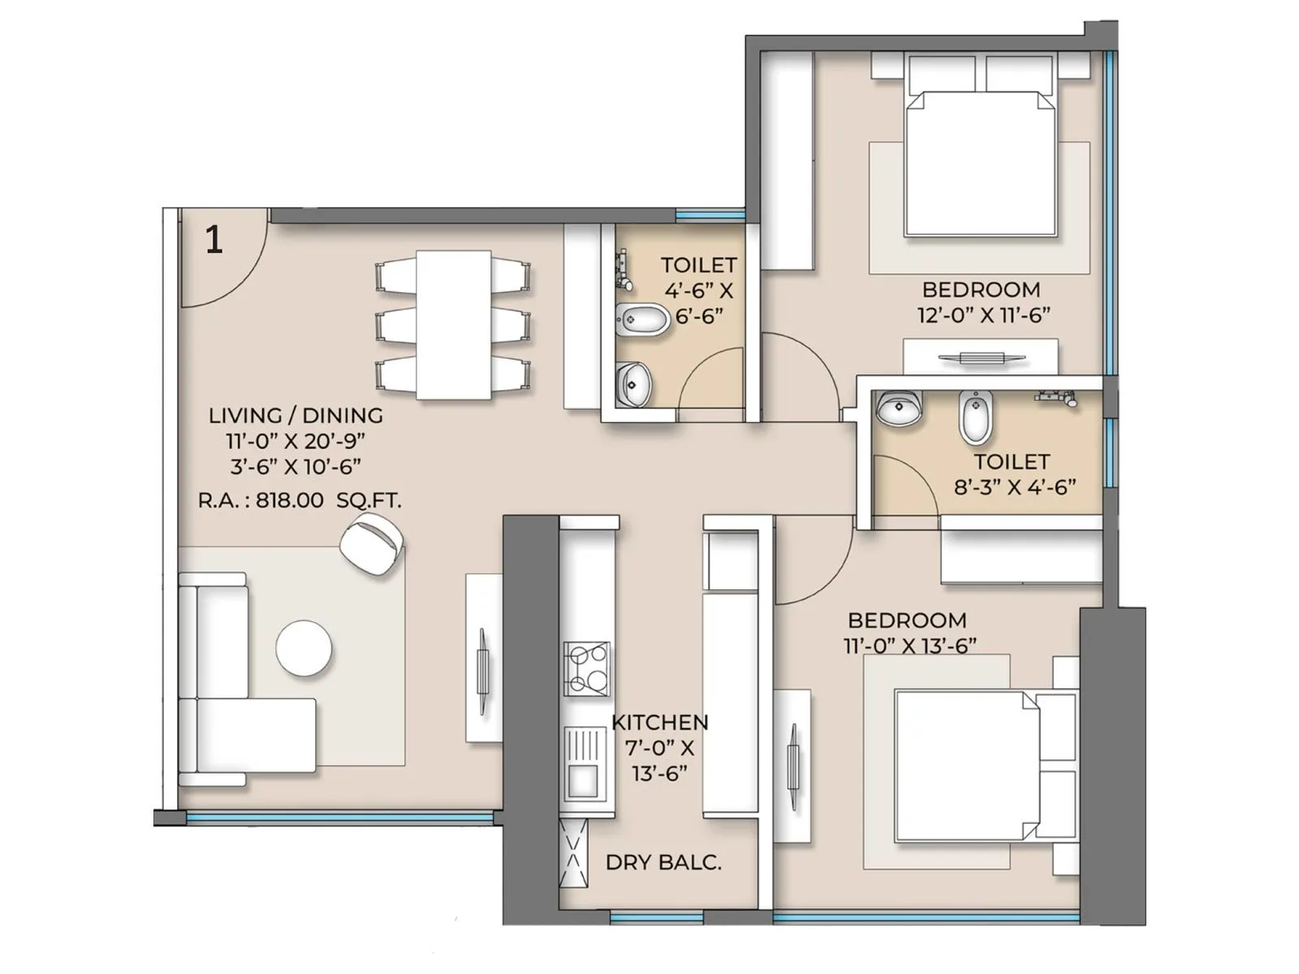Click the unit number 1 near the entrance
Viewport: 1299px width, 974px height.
click(x=214, y=240)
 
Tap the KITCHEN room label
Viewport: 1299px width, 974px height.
click(x=659, y=722)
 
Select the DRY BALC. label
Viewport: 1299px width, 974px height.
click(x=663, y=862)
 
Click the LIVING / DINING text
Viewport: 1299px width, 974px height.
click(x=296, y=416)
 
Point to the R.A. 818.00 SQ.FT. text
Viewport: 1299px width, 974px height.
click(x=300, y=500)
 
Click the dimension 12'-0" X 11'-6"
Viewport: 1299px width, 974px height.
click(x=984, y=315)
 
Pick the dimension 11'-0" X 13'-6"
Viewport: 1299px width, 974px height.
click(x=909, y=645)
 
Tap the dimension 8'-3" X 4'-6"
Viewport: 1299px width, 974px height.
click(x=1015, y=487)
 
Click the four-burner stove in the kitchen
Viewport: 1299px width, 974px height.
click(x=586, y=667)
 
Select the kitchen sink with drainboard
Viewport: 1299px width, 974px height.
click(x=584, y=763)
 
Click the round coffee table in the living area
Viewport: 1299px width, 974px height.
click(x=304, y=649)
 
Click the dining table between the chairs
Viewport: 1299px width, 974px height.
click(x=454, y=325)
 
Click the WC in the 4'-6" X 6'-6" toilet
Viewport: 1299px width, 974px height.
click(x=641, y=320)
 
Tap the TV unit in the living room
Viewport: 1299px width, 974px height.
click(x=484, y=657)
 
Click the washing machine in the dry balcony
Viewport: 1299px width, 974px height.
click(x=574, y=854)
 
